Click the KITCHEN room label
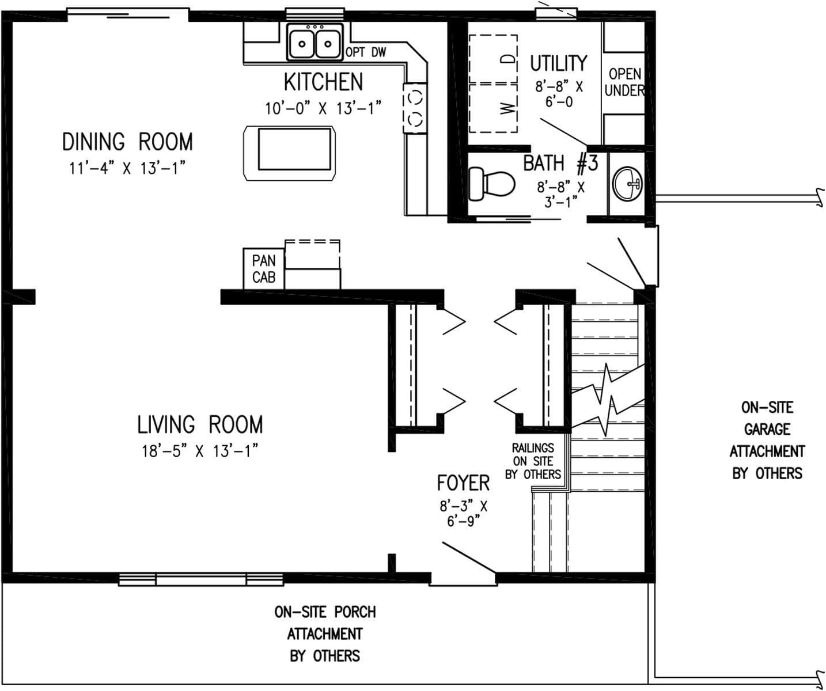323,82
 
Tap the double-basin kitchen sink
315,43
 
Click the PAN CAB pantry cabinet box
263,269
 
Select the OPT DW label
366,52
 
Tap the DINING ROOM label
127,142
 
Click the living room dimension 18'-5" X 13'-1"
199,451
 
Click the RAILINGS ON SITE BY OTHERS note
533,461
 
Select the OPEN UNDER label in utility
624,82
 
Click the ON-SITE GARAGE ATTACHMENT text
767,441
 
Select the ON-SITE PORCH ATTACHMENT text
325,633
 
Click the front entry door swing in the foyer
468,557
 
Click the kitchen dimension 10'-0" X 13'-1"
323,108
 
